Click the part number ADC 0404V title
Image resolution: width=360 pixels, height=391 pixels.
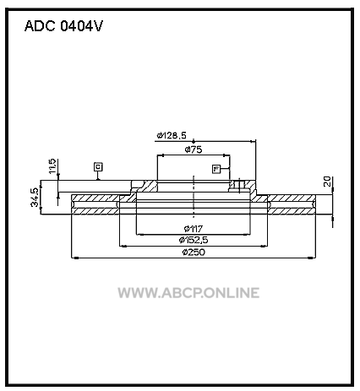click(63, 26)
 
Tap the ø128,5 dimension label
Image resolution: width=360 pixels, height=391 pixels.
click(172, 135)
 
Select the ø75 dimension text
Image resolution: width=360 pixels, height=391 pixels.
click(194, 149)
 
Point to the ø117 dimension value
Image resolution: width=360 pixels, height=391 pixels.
click(194, 228)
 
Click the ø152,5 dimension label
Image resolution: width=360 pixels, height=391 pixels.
click(194, 240)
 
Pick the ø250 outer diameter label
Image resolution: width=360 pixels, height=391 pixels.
click(194, 252)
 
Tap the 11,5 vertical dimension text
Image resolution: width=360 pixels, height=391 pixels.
click(52, 166)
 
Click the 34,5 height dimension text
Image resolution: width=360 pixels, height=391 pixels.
click(35, 197)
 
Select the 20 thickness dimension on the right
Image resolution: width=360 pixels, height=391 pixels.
click(327, 182)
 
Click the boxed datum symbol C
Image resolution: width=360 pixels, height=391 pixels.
click(98, 166)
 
